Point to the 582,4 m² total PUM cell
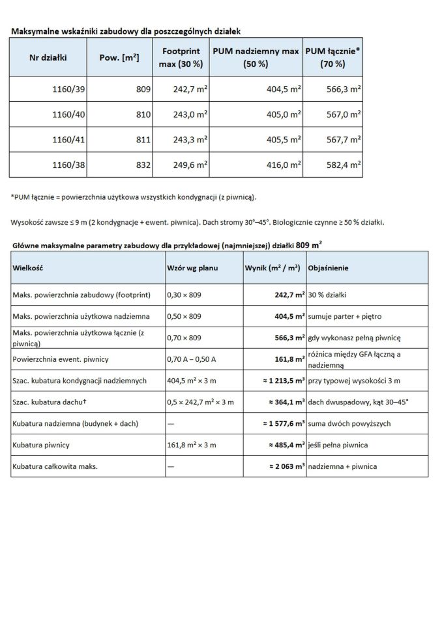click(344, 165)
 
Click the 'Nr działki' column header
click(48, 57)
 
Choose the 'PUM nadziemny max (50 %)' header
click(256, 57)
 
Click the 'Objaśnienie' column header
click(329, 268)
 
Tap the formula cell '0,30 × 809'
click(184, 295)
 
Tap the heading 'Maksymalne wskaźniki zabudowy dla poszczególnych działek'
click(129, 31)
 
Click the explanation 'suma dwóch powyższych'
click(349, 424)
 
